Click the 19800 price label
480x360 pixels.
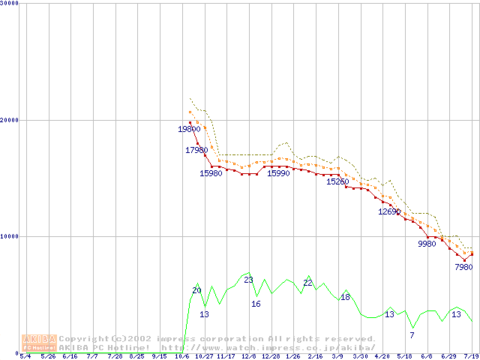(x=189, y=129)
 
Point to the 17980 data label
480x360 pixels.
(x=196, y=150)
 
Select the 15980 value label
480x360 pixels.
(x=211, y=173)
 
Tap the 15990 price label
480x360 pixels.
(x=278, y=173)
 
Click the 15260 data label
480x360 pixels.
(x=337, y=181)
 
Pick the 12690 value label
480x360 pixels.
(x=389, y=211)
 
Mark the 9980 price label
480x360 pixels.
(x=427, y=244)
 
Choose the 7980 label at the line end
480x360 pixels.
(x=463, y=267)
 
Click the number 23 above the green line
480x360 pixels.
(x=248, y=280)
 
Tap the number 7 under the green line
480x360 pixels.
(x=412, y=334)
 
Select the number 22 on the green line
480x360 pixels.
(x=307, y=283)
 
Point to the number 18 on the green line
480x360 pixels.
(x=345, y=298)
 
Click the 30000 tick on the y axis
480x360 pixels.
(x=10, y=4)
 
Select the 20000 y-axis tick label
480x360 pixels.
(x=10, y=120)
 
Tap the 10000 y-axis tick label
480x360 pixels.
(x=10, y=236)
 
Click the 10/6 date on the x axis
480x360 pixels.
(x=182, y=356)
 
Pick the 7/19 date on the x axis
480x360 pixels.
(x=471, y=356)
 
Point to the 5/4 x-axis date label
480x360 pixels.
(x=25, y=356)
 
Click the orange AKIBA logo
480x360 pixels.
(x=39, y=343)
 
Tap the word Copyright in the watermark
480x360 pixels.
(x=83, y=339)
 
